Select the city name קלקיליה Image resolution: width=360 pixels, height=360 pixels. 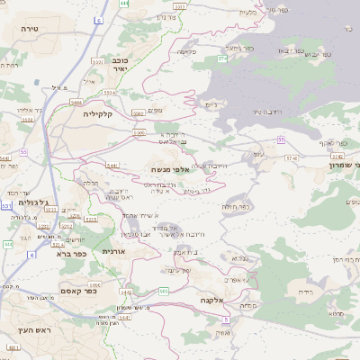tap(101, 114)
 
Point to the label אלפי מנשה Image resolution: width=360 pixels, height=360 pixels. tap(170, 168)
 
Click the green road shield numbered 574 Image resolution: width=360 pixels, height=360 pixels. tap(289, 157)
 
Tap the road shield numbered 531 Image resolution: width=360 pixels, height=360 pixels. tap(8, 206)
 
